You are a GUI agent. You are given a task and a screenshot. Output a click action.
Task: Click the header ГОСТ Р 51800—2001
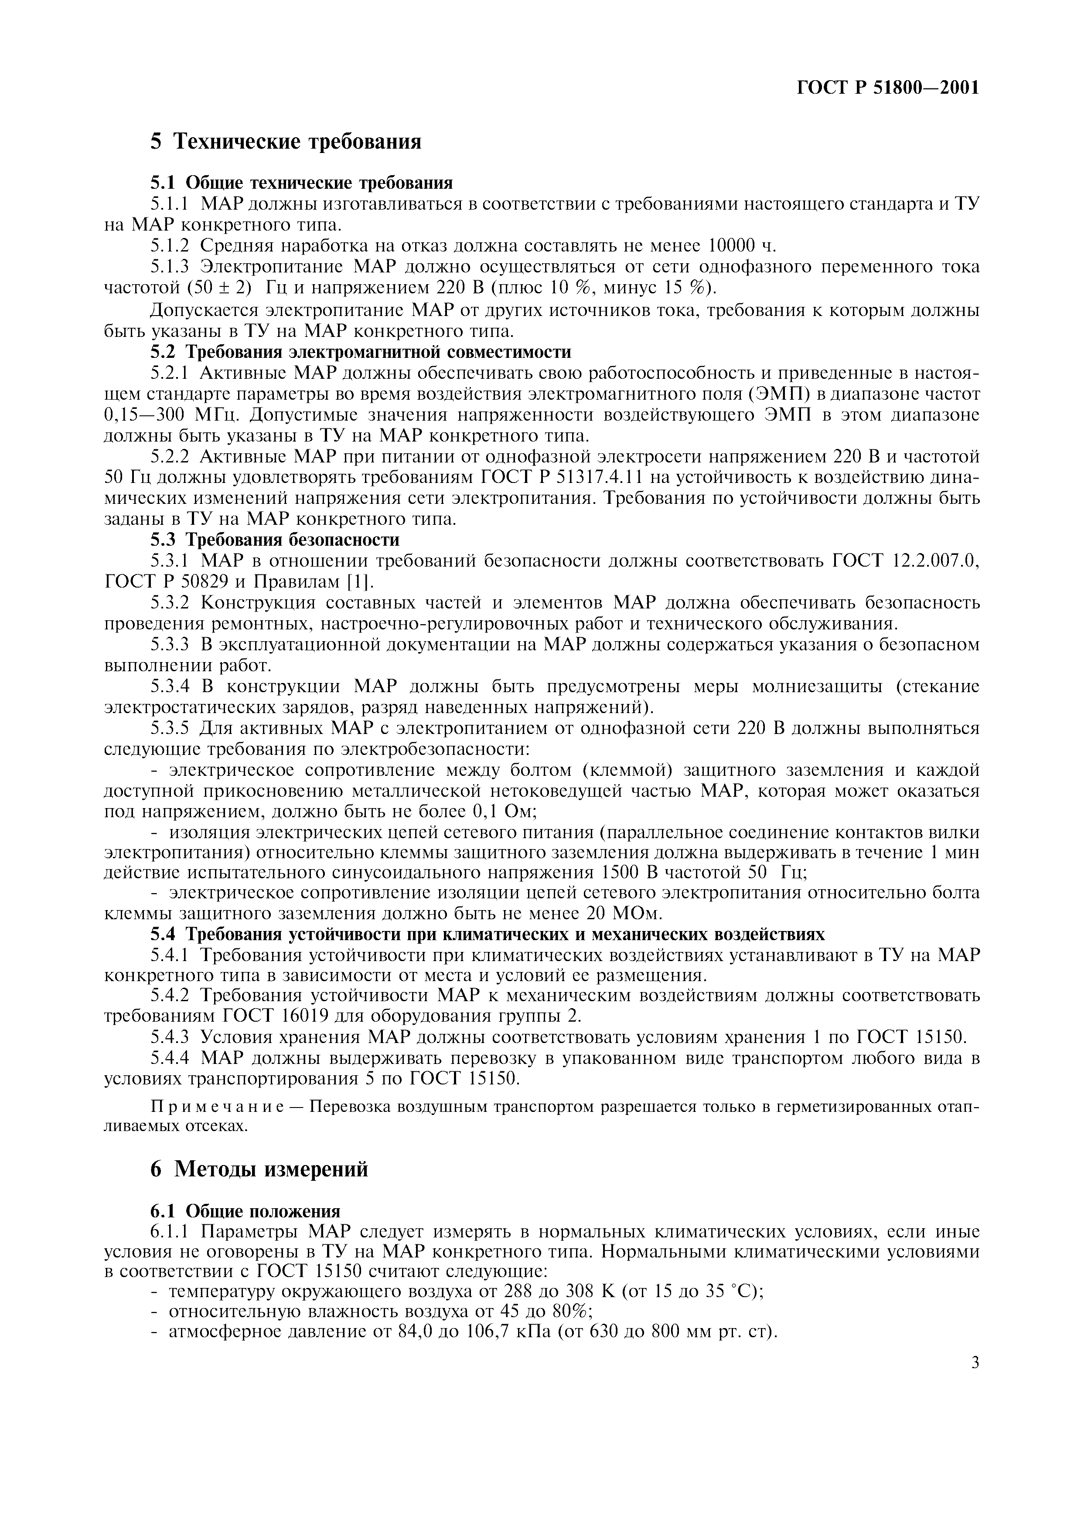point(888,88)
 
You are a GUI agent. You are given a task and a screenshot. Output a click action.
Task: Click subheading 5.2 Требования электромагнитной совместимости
point(360,352)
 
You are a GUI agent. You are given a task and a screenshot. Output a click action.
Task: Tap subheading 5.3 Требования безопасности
point(274,539)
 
